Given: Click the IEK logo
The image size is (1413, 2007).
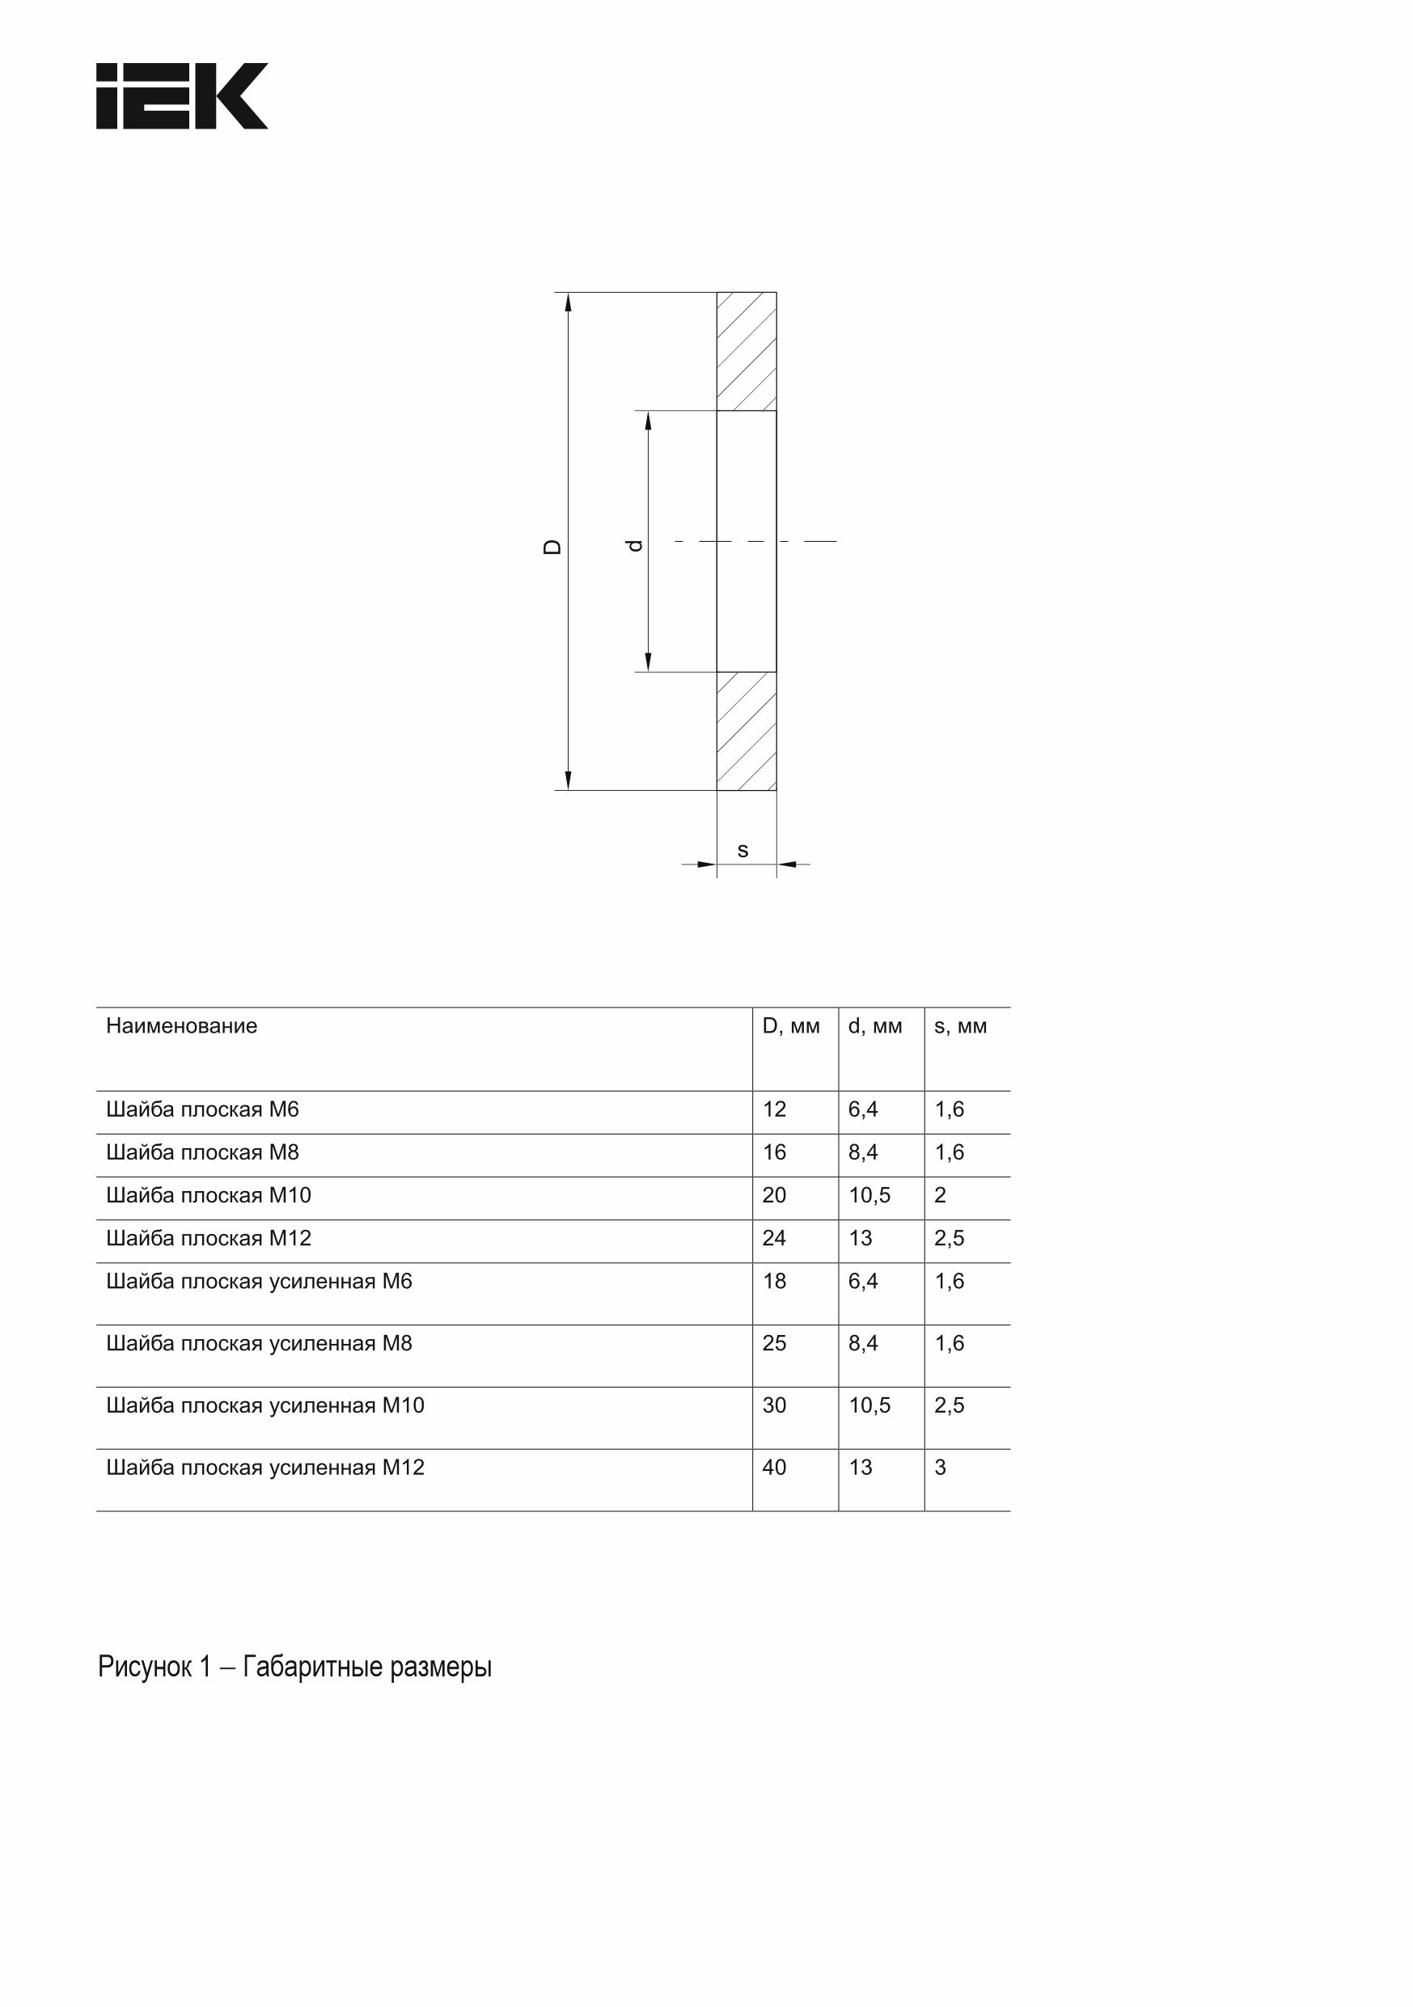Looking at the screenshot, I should tap(182, 96).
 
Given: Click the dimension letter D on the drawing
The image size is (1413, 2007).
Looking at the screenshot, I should tap(552, 547).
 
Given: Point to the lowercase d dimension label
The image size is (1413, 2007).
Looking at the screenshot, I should tap(636, 544).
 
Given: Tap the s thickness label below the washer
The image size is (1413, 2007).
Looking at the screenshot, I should tap(742, 851).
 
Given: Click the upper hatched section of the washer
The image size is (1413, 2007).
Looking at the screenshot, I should tap(746, 352).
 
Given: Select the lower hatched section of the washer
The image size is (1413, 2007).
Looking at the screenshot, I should tap(746, 731).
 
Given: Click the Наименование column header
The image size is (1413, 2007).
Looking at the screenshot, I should tap(182, 1026).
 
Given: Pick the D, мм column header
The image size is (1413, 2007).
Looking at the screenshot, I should tap(790, 1026).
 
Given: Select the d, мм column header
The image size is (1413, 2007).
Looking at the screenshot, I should tap(874, 1026).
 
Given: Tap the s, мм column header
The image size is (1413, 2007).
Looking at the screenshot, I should tap(960, 1026).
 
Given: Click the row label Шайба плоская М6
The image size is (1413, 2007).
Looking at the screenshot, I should tap(202, 1110).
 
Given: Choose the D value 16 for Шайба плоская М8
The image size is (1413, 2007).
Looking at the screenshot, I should tap(774, 1153).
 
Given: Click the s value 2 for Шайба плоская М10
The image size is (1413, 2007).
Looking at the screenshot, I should tap(940, 1196).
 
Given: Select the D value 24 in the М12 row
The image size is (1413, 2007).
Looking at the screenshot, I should tap(774, 1239).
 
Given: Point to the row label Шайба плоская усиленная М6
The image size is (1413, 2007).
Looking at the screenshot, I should tap(259, 1282).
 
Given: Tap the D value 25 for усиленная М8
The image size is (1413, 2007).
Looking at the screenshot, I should tap(774, 1344).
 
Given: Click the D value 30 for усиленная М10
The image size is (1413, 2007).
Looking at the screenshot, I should tap(774, 1405).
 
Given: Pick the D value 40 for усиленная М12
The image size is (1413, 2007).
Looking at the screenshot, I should tap(774, 1468).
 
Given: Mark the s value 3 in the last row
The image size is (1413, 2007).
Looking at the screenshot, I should tap(940, 1468).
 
